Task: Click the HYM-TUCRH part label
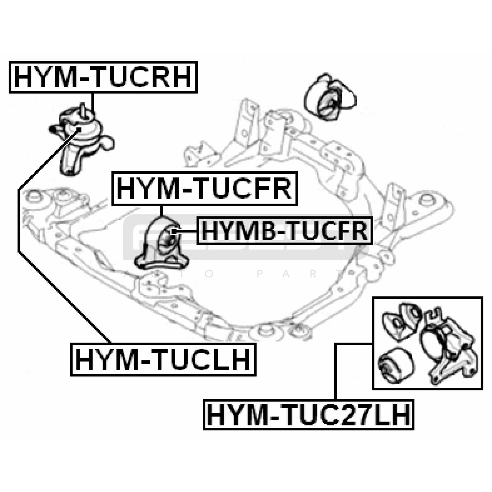coord(103,77)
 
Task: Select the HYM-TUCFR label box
coord(204,189)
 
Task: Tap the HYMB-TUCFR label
coord(284,231)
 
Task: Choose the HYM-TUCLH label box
coord(163,359)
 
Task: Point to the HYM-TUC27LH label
coord(308,415)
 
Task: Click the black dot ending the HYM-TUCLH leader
coord(79,129)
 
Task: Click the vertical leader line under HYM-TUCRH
coord(92,103)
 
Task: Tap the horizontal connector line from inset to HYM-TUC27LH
coord(354,344)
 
